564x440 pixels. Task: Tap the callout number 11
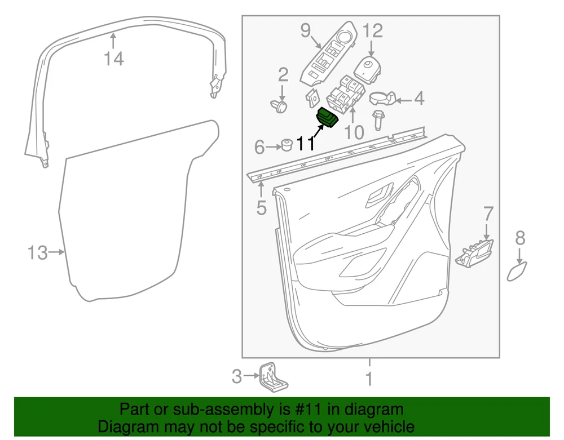click(306, 144)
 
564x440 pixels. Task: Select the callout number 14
click(114, 59)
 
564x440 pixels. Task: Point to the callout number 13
click(38, 253)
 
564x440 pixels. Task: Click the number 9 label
click(306, 30)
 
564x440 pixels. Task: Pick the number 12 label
click(372, 31)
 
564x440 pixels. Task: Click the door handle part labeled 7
click(474, 254)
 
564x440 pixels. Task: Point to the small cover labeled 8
click(517, 272)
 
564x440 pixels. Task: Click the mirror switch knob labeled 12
click(368, 70)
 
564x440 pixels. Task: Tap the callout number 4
click(419, 98)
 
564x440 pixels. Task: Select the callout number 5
click(262, 208)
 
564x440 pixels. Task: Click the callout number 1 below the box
click(369, 379)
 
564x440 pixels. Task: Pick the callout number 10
click(354, 132)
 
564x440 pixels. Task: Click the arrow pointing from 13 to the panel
click(56, 252)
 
